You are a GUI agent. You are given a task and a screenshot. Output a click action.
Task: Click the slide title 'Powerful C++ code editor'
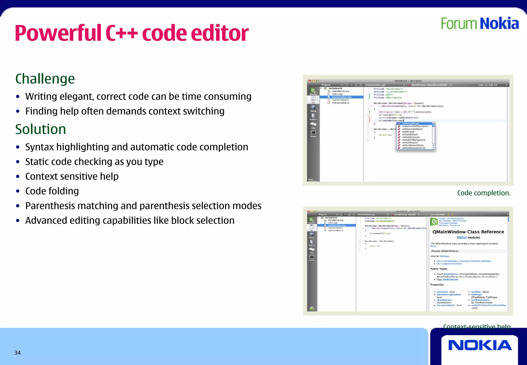131,33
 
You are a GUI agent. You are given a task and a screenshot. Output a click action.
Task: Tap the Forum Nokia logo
480,24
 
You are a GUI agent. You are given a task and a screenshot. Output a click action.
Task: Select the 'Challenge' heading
45,79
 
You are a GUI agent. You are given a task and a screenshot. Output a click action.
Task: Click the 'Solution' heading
41,129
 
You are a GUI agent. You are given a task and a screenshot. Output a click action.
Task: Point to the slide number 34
17,353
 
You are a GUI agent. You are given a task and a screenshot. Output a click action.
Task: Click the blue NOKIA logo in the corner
480,345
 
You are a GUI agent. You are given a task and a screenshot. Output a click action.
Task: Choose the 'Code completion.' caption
484,193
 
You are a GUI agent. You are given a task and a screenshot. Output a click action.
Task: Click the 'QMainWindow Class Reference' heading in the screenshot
468,232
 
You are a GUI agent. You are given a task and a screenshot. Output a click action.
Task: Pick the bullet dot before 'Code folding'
18,191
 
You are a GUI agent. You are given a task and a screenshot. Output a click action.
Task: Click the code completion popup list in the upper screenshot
415,136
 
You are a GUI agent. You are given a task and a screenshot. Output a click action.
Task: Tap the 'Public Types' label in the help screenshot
439,269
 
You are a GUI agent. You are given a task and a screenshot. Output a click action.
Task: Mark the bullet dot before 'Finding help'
18,111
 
